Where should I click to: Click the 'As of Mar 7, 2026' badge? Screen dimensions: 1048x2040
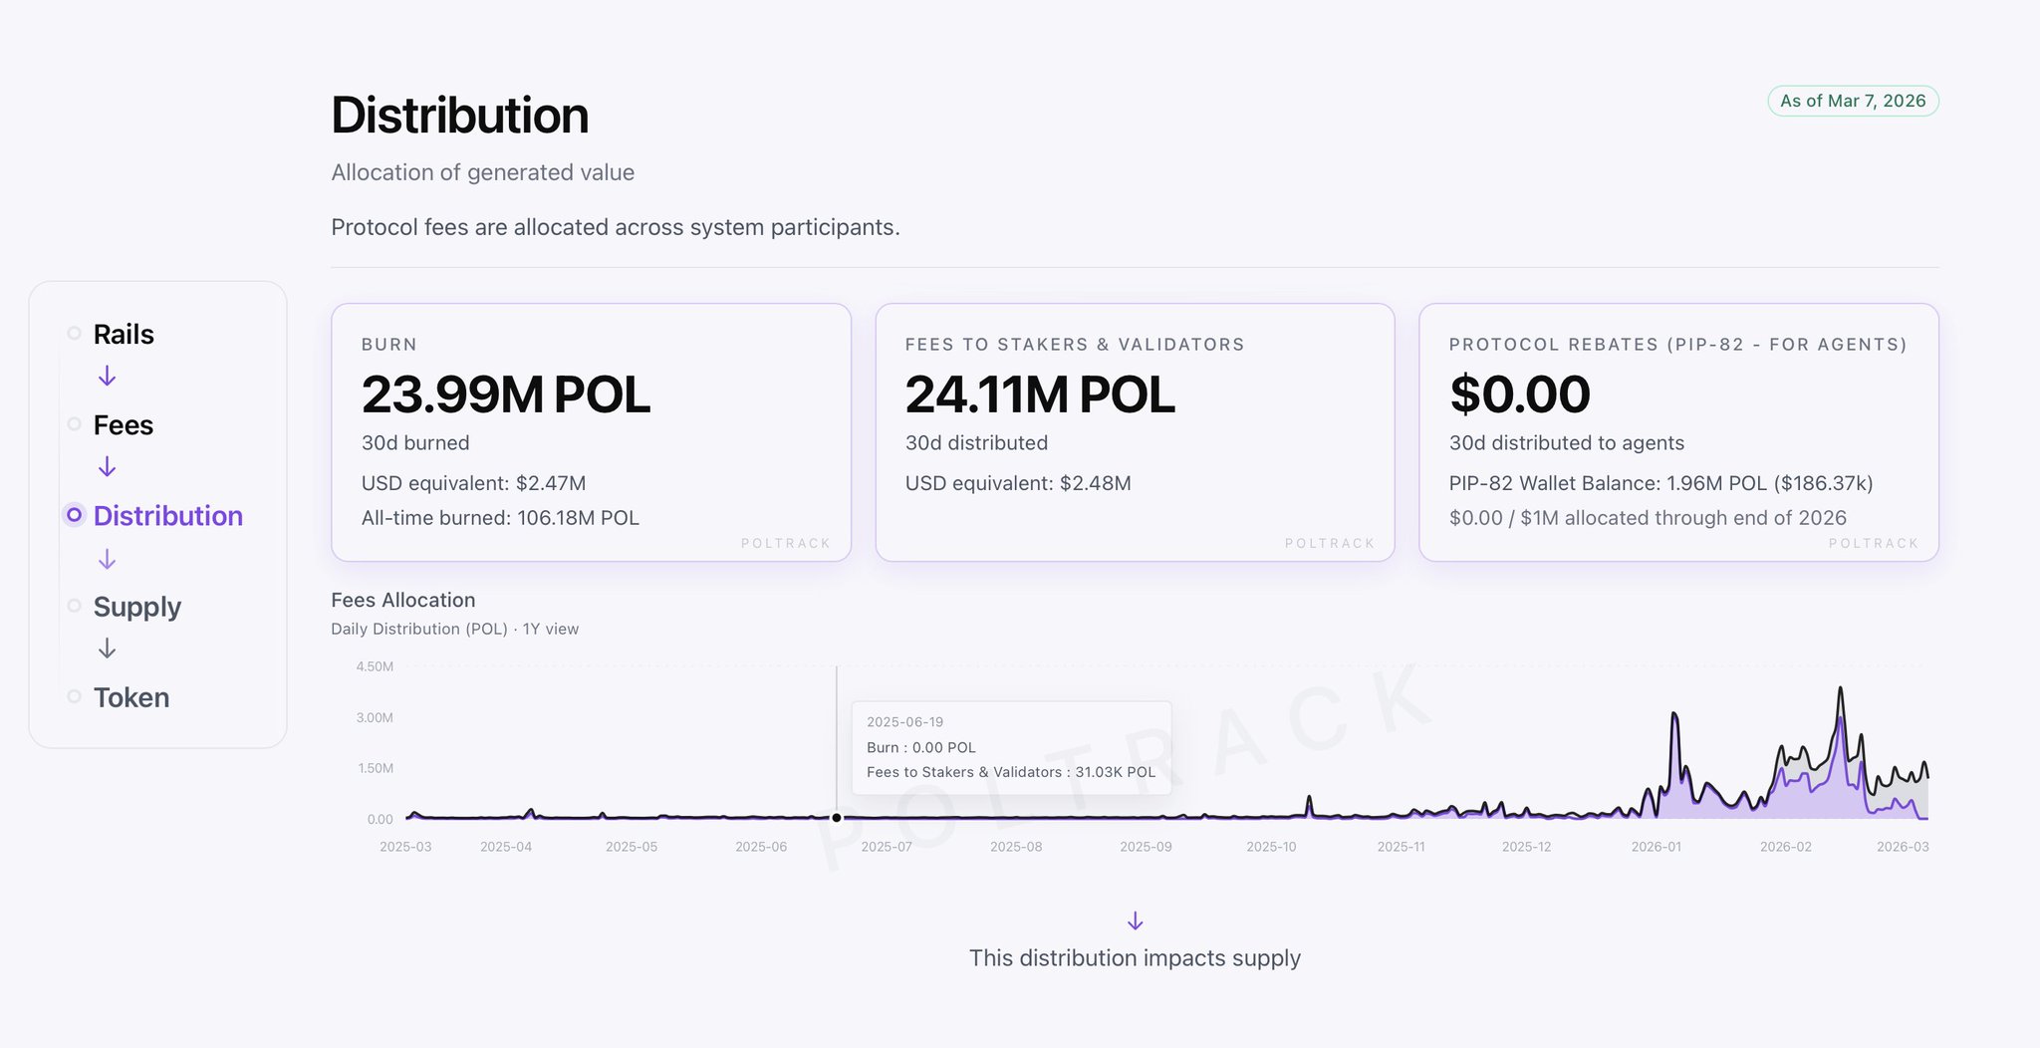tap(1852, 101)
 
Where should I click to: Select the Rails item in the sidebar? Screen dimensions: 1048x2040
tap(124, 334)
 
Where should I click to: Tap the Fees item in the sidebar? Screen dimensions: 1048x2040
tap(124, 425)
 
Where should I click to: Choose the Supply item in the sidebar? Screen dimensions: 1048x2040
tap(137, 607)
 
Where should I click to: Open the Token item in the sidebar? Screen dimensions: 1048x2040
tap(131, 697)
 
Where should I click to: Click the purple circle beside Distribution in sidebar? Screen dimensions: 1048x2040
tap(74, 515)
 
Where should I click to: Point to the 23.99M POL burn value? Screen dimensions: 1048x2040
tap(505, 394)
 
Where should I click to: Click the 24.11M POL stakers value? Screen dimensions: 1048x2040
tap(1039, 394)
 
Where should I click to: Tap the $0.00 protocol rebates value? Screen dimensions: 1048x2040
tap(1519, 394)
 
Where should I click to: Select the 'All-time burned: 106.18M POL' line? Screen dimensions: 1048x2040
tap(500, 518)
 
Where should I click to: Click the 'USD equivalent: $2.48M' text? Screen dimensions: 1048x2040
tap(1017, 483)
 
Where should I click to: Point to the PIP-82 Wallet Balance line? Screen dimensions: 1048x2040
tap(1660, 483)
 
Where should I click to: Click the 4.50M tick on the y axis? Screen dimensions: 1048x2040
tap(375, 666)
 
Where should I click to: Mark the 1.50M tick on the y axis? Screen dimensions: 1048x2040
tap(375, 768)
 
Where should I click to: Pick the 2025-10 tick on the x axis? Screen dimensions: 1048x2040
tap(1271, 847)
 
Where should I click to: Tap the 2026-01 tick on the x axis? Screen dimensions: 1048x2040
tap(1656, 847)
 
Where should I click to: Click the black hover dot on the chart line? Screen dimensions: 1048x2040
tap(837, 818)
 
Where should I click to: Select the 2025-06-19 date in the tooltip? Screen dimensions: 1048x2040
tap(904, 722)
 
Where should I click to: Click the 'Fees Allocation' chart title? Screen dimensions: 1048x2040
tap(402, 600)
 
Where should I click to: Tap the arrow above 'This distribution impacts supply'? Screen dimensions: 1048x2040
tap(1135, 920)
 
